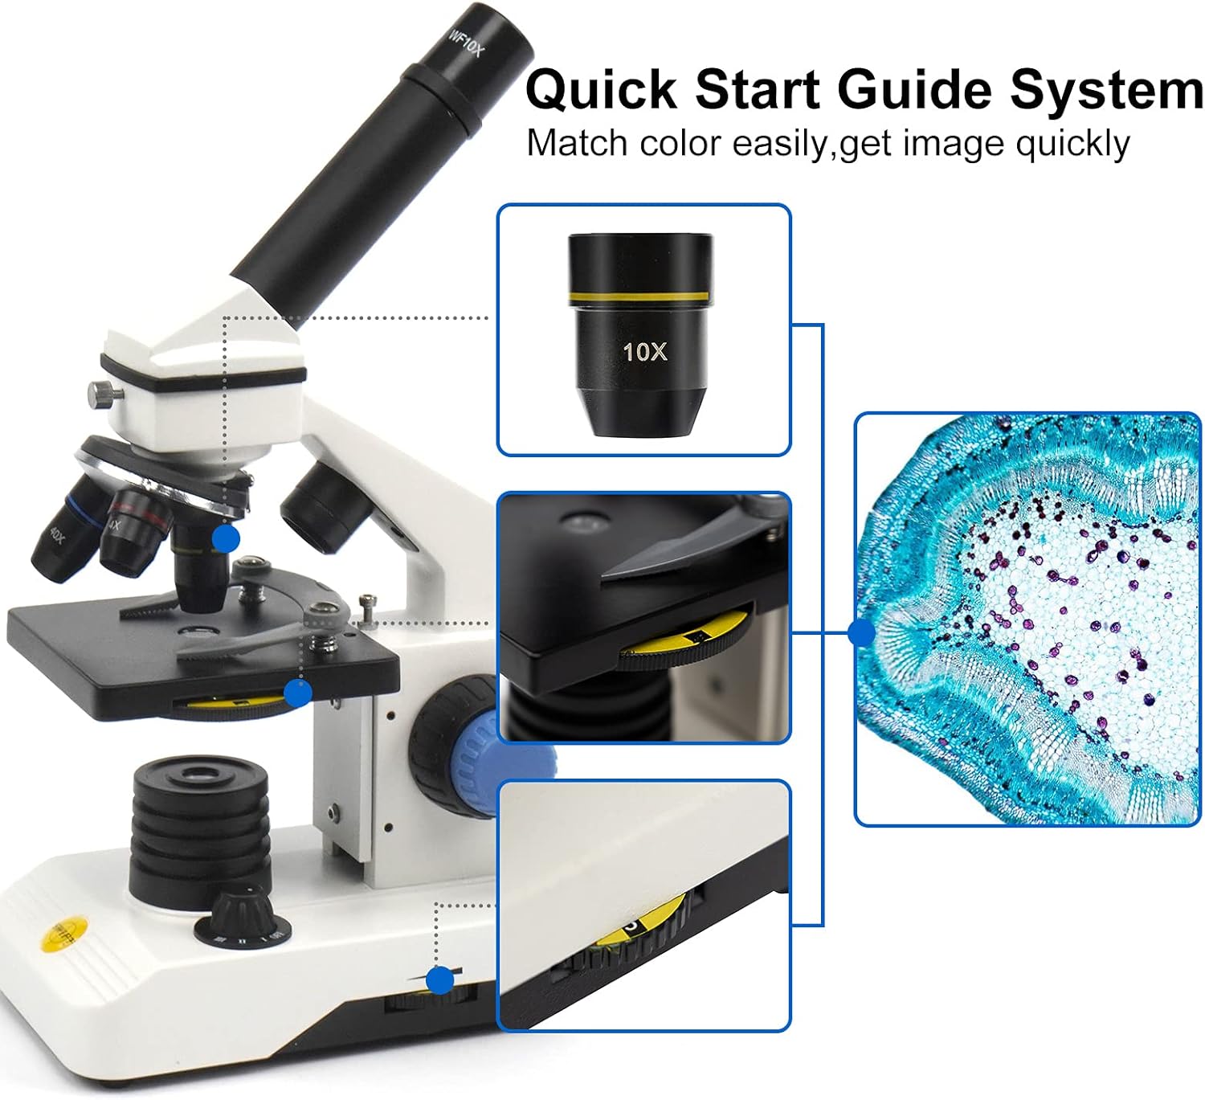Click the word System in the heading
coord(1106,89)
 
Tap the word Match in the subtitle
coord(576,144)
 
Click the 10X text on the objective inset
coord(644,351)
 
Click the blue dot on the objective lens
coord(226,538)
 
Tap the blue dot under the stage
coord(298,693)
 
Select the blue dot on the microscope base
coord(439,980)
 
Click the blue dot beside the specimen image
coord(861,633)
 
